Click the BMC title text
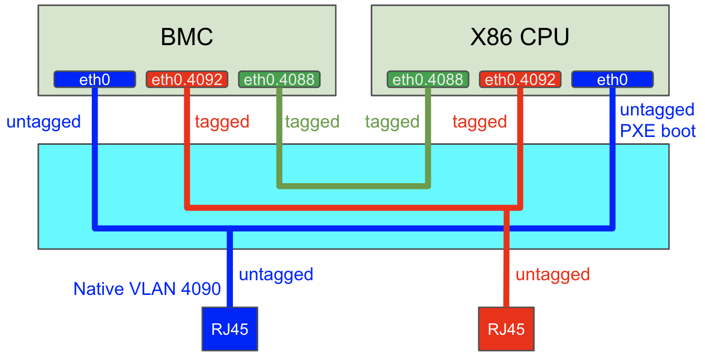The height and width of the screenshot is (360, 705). [x=187, y=38]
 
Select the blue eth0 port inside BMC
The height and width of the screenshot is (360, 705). [x=94, y=80]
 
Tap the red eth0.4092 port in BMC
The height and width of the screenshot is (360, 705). [x=187, y=80]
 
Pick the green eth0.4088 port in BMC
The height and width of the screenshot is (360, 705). [x=279, y=80]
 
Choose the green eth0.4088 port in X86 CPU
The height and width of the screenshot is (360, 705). [x=428, y=80]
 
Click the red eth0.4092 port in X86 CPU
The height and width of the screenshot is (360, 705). [x=520, y=80]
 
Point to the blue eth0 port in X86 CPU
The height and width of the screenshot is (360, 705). [x=612, y=80]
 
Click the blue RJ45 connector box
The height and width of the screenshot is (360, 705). [x=230, y=329]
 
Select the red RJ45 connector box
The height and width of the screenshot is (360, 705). [x=506, y=329]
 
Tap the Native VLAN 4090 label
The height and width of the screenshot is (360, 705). [x=147, y=289]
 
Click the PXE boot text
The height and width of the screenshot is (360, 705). [x=658, y=131]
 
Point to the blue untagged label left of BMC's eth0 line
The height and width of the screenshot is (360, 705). [x=44, y=122]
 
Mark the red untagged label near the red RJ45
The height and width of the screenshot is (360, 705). [x=553, y=274]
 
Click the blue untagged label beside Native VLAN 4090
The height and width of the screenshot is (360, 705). [x=276, y=274]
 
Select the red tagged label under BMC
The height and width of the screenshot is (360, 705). [x=222, y=122]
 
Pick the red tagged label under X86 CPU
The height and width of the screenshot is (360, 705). [x=479, y=122]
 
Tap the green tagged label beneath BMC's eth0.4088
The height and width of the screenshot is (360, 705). [x=312, y=122]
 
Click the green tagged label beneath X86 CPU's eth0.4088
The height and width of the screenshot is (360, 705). [x=392, y=122]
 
